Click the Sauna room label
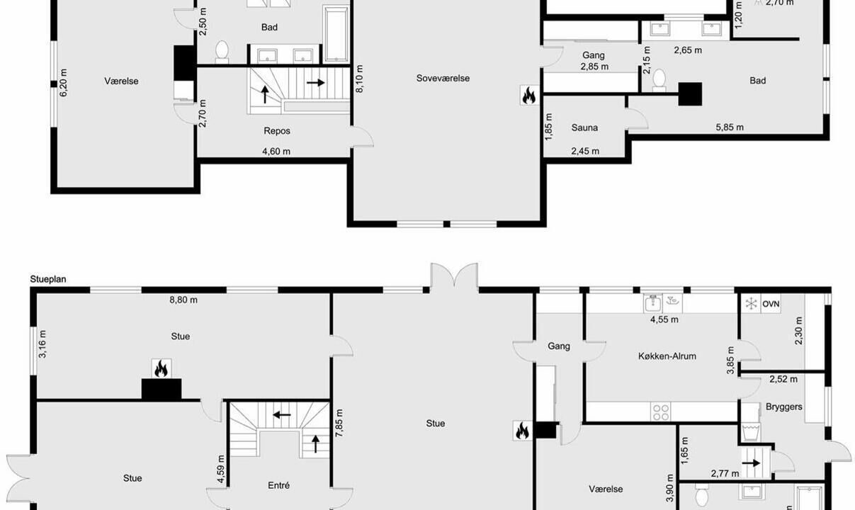(584, 127)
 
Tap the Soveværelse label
(443, 78)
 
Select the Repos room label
(277, 131)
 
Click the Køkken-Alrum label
(667, 356)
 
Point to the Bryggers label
(783, 407)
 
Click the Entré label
(278, 486)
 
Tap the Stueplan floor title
(48, 279)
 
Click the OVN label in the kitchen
(771, 305)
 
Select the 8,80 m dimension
(183, 300)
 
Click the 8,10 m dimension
(359, 79)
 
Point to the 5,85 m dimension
(730, 127)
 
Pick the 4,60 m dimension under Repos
(276, 152)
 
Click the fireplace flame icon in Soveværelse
(529, 95)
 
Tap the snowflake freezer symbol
(751, 304)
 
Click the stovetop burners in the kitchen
(661, 412)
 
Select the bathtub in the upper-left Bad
(336, 34)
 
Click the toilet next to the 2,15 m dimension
(659, 80)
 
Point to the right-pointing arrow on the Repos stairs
(315, 82)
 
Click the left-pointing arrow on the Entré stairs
(282, 414)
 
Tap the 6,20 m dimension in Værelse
(63, 83)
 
